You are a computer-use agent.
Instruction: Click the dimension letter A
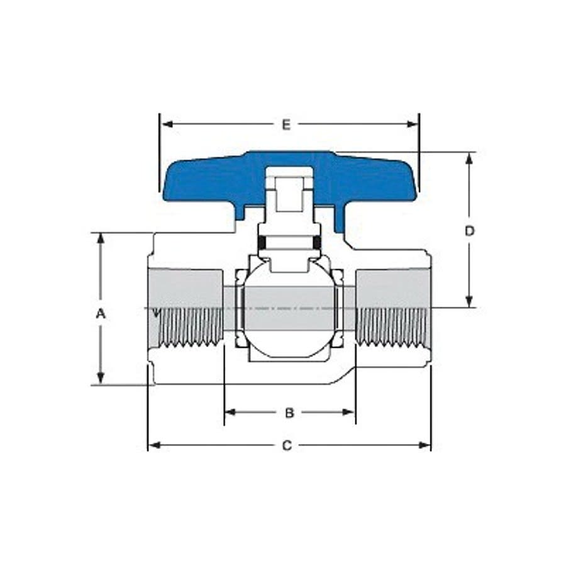tap(100, 313)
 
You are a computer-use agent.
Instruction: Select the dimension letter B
tap(289, 413)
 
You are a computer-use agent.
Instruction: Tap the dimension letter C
tap(287, 446)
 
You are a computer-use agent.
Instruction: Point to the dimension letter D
tap(469, 231)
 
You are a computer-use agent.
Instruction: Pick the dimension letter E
tap(286, 125)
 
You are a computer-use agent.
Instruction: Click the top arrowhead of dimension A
tap(100, 238)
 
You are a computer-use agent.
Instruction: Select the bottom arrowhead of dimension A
tap(100, 379)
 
